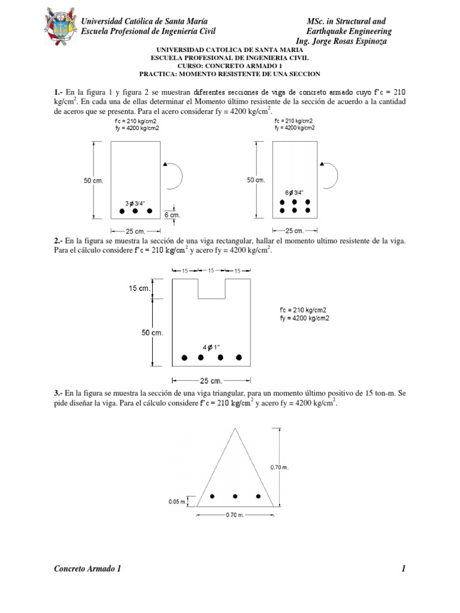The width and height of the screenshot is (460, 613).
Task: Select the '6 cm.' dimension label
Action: (171, 214)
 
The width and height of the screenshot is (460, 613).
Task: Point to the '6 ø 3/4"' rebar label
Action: (295, 193)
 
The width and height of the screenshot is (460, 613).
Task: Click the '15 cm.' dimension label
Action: (141, 289)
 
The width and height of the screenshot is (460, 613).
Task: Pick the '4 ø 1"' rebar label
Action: (211, 347)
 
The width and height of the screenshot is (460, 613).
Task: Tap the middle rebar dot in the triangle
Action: (235, 496)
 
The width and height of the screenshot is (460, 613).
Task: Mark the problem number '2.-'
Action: (59, 240)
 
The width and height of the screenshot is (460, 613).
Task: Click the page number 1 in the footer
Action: (405, 569)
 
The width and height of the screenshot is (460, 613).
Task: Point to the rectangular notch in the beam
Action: (212, 289)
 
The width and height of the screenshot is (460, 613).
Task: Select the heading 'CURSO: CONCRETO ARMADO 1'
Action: (230, 66)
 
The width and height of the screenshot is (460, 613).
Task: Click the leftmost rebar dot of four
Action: (185, 357)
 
